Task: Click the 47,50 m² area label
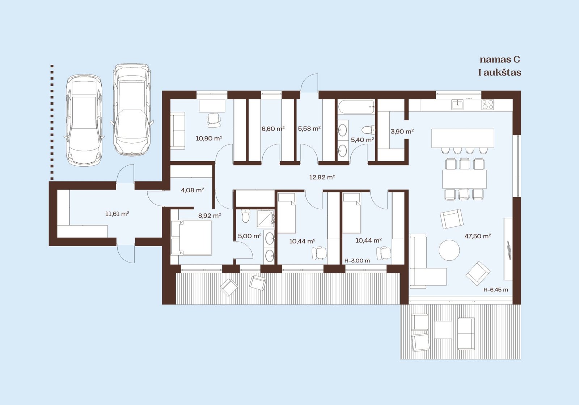point(478,236)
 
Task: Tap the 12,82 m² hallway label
point(322,177)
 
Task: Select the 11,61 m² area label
point(117,214)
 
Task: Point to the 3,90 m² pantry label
point(402,132)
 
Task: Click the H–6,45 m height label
point(496,290)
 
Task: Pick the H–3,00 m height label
point(357,261)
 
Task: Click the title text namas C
point(500,60)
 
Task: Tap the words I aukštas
point(500,73)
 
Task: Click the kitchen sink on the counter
point(457,105)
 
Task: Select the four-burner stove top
point(487,105)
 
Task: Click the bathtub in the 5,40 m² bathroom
point(356,107)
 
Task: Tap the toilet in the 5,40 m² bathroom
point(368,130)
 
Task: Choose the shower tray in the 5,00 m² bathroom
point(265,218)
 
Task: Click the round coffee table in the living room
point(449,250)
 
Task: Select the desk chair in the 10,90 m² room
point(214,120)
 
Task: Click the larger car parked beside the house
point(132,110)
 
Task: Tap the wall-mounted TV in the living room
point(509,250)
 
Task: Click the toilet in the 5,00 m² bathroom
point(246,216)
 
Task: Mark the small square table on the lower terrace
point(443,330)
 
